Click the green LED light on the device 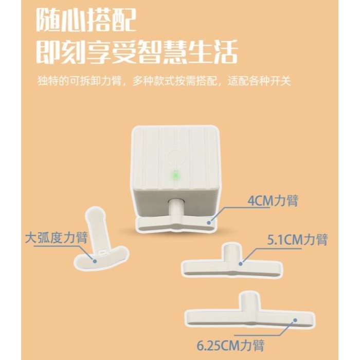coord(175,174)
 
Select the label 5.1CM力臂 coord(297,240)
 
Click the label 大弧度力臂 coord(57,238)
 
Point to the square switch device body coord(175,165)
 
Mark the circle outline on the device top coord(175,156)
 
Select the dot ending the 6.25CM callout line coord(294,320)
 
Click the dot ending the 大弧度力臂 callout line coord(95,260)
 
